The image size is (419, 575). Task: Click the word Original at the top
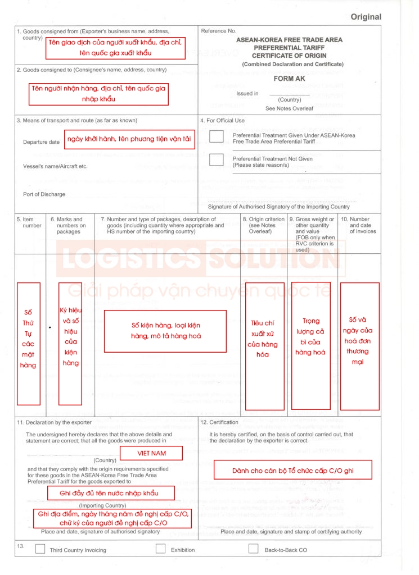366,17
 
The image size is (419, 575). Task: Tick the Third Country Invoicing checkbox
40,549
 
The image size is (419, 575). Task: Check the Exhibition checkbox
161,549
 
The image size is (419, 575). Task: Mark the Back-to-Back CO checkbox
254,549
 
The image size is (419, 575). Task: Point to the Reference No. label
218,31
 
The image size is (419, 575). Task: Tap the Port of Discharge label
44,194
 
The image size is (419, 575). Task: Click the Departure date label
41,142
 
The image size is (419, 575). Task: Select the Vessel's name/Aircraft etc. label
55,167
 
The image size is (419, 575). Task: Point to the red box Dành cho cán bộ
292,469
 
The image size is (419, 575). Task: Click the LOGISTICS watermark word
128,258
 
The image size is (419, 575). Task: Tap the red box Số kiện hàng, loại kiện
165,331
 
